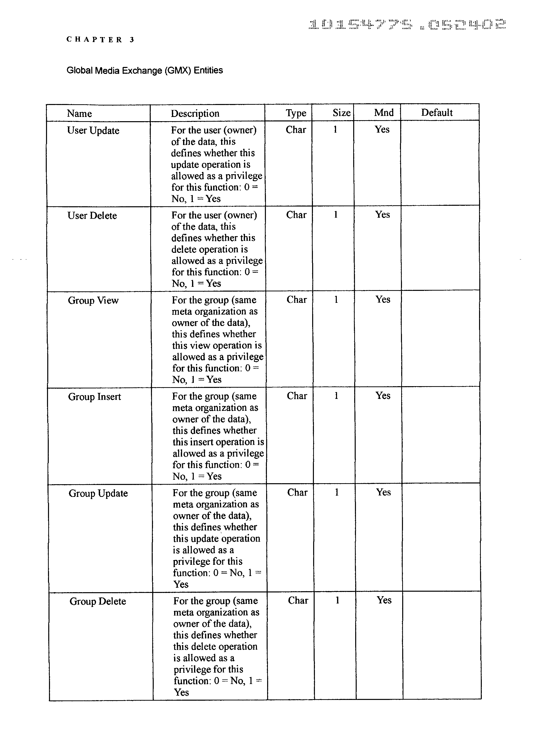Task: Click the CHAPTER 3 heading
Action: pyautogui.click(x=100, y=40)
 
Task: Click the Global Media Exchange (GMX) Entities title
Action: pyautogui.click(x=145, y=70)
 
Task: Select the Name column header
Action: pyautogui.click(x=79, y=113)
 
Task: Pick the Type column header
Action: pyautogui.click(x=296, y=113)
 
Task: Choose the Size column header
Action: pyautogui.click(x=341, y=113)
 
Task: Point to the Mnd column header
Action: pyautogui.click(x=384, y=113)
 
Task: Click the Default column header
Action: pyautogui.click(x=437, y=113)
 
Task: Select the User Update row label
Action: pyautogui.click(x=93, y=130)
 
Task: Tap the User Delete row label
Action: pyautogui.click(x=92, y=215)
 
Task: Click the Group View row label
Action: pyautogui.click(x=93, y=300)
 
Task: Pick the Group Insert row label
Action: pyautogui.click(x=94, y=397)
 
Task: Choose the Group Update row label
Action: pyautogui.click(x=98, y=493)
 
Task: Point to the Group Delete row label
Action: pyautogui.click(x=98, y=601)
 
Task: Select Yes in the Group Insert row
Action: pyautogui.click(x=383, y=396)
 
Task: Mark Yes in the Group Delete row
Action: pyautogui.click(x=384, y=600)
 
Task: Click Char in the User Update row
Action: pyautogui.click(x=296, y=130)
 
